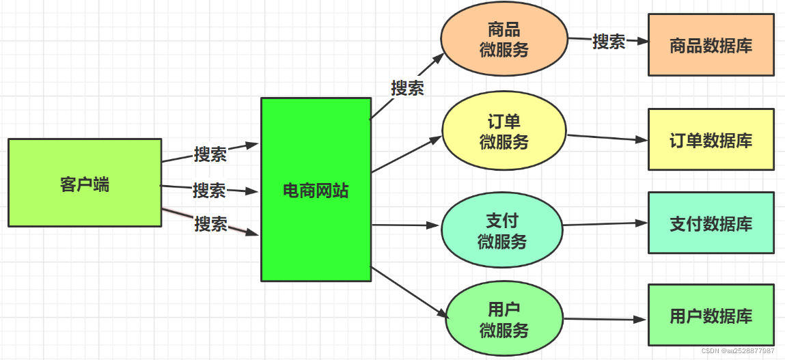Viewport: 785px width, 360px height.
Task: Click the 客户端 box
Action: (x=85, y=182)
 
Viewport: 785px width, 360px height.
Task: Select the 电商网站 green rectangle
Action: (x=316, y=189)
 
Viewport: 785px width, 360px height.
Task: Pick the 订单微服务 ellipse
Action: (x=504, y=133)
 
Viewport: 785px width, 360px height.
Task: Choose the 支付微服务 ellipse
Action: (x=502, y=231)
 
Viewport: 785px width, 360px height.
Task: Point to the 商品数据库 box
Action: (x=711, y=46)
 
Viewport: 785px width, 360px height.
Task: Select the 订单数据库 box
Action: (x=711, y=139)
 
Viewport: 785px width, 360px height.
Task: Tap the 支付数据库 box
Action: (x=711, y=223)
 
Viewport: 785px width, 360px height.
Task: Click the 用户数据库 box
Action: (x=711, y=316)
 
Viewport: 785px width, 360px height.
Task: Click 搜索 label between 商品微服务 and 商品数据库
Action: (x=609, y=41)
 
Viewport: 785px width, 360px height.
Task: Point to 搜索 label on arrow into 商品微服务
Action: (x=407, y=87)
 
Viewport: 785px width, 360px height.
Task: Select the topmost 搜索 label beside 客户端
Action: (x=210, y=154)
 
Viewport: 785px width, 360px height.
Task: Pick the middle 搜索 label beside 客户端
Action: (x=209, y=190)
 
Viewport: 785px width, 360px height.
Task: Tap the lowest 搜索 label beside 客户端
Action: (x=210, y=223)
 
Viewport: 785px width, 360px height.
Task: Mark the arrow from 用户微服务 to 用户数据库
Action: (x=605, y=319)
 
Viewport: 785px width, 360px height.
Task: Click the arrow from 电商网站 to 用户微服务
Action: (x=409, y=292)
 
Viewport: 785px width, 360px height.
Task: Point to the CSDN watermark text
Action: (x=738, y=350)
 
